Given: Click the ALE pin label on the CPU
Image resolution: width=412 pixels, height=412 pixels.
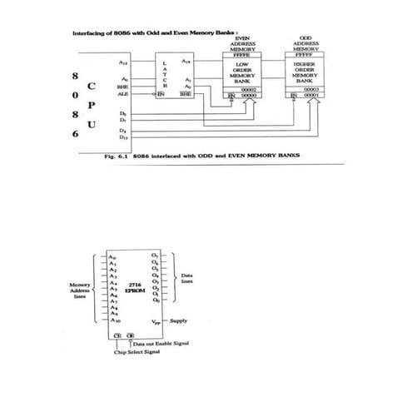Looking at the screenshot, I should point(123,95).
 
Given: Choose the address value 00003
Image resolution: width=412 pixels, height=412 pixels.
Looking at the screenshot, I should point(311,89).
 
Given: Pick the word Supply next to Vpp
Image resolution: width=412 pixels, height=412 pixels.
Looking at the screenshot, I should point(179,320).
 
